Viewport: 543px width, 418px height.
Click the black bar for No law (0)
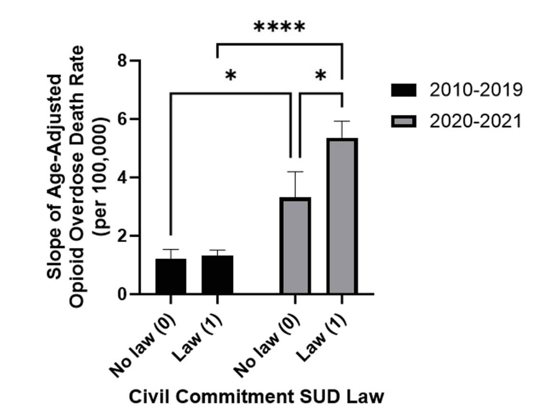pos(171,276)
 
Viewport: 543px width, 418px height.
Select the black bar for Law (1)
pos(217,274)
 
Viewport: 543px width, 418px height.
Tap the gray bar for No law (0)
pos(295,245)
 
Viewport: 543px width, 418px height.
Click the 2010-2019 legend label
pos(475,90)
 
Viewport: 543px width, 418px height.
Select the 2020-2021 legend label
pos(475,122)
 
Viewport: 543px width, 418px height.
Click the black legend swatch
pos(404,90)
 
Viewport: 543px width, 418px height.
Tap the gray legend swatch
pos(404,122)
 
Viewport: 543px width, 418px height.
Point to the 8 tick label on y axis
pos(122,61)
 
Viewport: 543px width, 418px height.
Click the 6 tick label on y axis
pos(122,119)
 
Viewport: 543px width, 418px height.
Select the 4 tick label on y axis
pos(122,177)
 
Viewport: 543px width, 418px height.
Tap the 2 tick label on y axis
pos(122,236)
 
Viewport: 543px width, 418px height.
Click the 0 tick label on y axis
pos(122,294)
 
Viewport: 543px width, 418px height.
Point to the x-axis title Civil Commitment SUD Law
pos(257,396)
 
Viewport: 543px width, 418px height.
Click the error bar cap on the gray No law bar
pos(295,172)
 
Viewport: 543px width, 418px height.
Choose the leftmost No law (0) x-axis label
pos(144,347)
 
